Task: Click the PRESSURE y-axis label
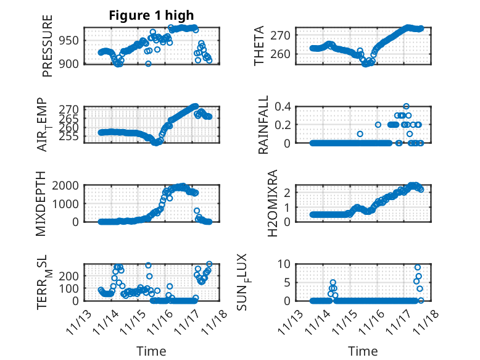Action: tap(48, 46)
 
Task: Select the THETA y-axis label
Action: tap(259, 46)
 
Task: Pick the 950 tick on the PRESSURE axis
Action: tap(70, 41)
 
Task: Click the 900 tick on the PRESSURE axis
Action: tap(70, 64)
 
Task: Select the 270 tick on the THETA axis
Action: tap(283, 35)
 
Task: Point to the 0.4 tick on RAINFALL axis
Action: tap(283, 106)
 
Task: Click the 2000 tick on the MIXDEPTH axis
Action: tap(67, 185)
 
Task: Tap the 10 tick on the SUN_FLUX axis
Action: tap(284, 264)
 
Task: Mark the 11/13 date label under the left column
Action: tap(85, 320)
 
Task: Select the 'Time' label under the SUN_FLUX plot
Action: tap(363, 351)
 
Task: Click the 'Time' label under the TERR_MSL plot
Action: tap(151, 351)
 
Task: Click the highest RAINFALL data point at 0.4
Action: tap(406, 106)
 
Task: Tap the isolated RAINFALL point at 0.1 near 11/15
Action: tap(360, 134)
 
